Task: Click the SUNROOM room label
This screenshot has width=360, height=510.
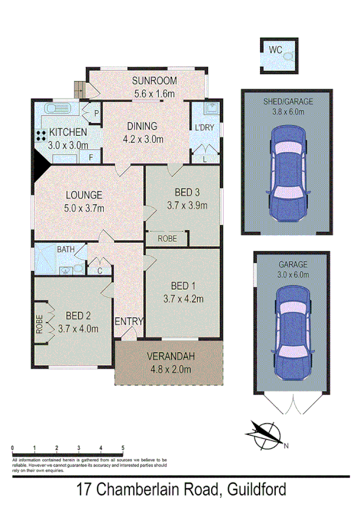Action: click(154, 81)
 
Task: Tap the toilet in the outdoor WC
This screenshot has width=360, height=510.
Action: click(288, 57)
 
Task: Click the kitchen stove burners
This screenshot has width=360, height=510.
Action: click(41, 135)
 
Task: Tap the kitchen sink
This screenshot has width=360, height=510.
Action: click(58, 109)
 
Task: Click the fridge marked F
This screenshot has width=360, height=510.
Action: click(91, 158)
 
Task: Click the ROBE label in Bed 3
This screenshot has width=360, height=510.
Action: click(167, 238)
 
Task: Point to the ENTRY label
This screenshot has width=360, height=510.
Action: click(129, 321)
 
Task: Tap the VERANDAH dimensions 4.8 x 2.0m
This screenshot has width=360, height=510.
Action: click(169, 369)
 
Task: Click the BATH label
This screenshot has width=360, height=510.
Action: click(66, 249)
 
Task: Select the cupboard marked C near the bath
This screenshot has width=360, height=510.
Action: click(100, 270)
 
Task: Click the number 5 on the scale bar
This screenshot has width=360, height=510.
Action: click(123, 448)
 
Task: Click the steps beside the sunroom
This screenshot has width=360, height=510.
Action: click(79, 89)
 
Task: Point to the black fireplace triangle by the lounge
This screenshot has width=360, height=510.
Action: click(41, 163)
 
